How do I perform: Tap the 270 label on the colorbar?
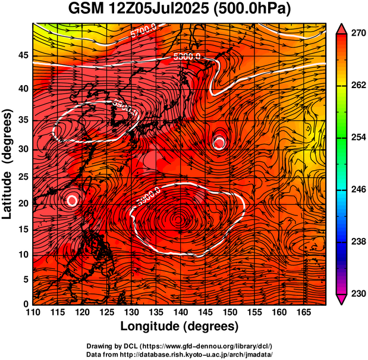[x=357, y=34]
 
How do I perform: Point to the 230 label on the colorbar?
[x=357, y=293]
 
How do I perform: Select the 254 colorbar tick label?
[x=357, y=137]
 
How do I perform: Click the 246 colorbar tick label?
[x=357, y=189]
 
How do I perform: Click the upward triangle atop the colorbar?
[x=342, y=28]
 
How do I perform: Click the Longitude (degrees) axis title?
[x=180, y=325]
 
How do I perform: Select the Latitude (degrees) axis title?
[x=8, y=164]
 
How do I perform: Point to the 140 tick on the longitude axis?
[x=180, y=311]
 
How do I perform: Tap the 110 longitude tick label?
[x=33, y=311]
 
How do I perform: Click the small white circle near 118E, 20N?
[x=73, y=200]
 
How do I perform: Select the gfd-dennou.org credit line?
[x=179, y=346]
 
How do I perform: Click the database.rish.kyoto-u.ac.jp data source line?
[x=179, y=354]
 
